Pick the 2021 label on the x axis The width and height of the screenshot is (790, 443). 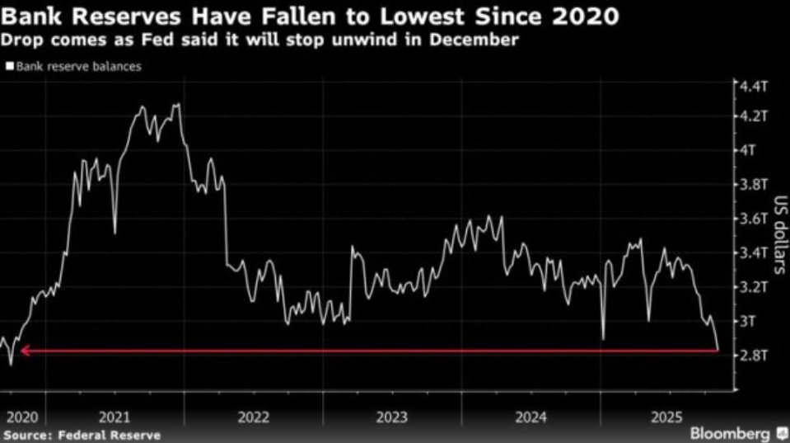coord(115,417)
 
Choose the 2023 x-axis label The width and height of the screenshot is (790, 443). coord(390,417)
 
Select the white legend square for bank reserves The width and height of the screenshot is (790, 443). coord(9,67)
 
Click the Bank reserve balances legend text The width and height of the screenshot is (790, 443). coord(78,67)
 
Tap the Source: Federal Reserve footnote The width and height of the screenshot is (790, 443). coord(82,435)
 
